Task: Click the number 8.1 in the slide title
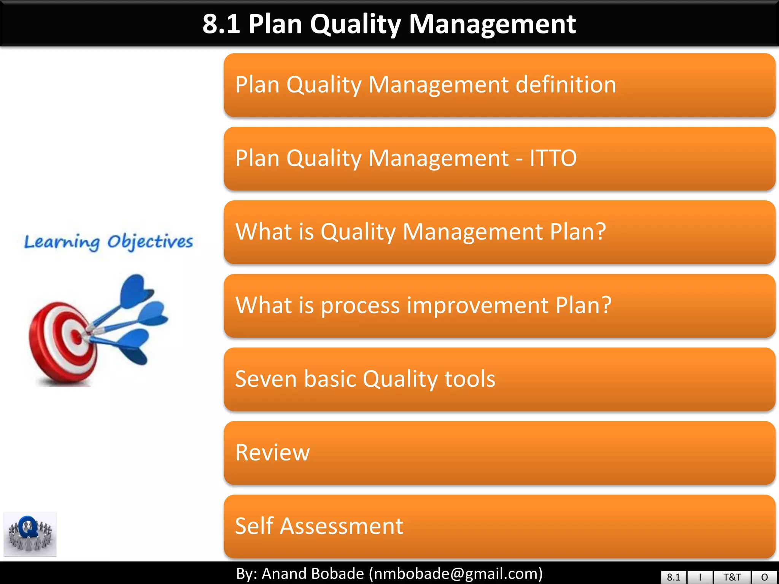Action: point(221,24)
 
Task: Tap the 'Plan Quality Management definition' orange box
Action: point(499,85)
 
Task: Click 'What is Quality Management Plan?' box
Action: point(499,232)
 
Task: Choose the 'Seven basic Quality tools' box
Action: point(499,379)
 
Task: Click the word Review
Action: point(272,452)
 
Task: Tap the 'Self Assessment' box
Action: point(499,526)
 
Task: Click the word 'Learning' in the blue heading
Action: point(62,242)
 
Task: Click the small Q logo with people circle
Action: point(30,534)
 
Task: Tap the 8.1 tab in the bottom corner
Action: point(673,577)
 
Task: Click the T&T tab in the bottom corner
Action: point(732,577)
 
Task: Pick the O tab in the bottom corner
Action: point(764,577)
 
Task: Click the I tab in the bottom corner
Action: point(700,577)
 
